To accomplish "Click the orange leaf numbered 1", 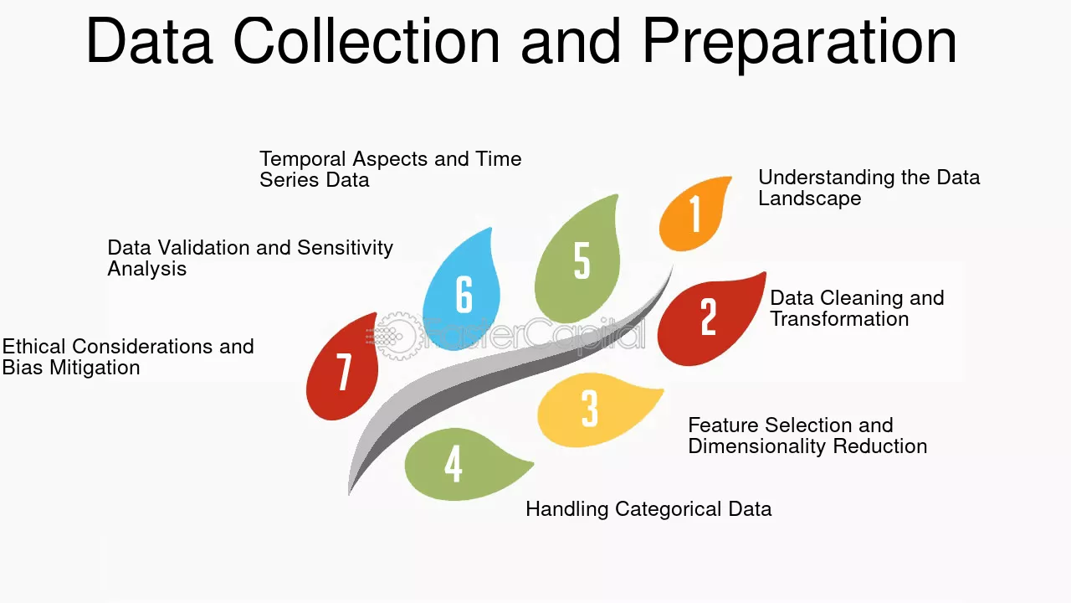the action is point(694,215).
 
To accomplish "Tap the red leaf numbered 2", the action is point(708,320).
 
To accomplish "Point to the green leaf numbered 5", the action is point(578,260).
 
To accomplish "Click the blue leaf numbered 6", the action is point(463,292).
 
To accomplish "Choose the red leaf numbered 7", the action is point(343,369).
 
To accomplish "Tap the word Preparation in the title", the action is point(799,44).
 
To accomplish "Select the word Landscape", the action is point(809,198).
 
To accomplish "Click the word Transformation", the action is point(839,319).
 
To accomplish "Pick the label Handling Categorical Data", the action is point(648,509).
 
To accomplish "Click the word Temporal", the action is point(302,159).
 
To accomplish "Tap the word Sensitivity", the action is point(345,248).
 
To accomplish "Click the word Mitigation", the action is point(95,368).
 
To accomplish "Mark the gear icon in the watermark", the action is point(396,336).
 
